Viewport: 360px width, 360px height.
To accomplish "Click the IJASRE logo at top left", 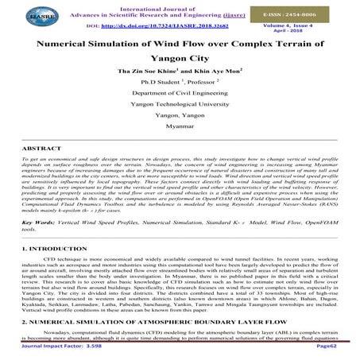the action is tap(29, 15).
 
